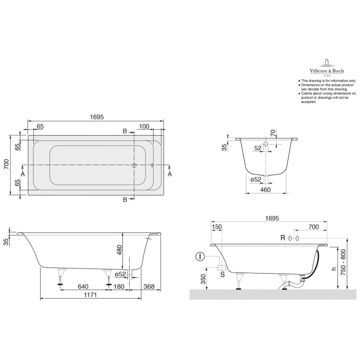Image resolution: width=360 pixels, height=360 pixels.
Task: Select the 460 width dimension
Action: pos(266,190)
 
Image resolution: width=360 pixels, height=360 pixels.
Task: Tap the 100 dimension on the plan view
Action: pos(144,126)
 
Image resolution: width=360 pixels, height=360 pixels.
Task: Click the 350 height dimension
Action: pos(203,280)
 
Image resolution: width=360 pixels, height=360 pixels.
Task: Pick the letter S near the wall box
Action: pos(222,275)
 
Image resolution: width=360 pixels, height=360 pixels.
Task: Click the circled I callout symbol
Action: pos(200,256)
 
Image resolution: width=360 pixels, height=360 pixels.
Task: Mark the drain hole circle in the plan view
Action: pos(134,165)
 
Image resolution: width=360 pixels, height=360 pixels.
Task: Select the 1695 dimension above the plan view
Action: pos(96,117)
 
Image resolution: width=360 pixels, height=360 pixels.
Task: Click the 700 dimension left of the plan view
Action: pos(7,165)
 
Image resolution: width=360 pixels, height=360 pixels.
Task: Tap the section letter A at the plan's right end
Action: pos(170,173)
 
